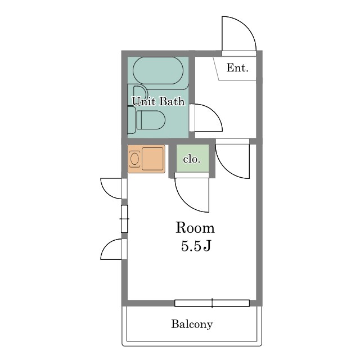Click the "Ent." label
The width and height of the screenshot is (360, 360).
[237, 67]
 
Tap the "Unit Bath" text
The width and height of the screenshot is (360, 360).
[158, 101]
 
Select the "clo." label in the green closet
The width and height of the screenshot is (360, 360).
[192, 159]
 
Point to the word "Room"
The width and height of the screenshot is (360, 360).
[195, 228]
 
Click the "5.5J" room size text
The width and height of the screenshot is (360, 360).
[196, 246]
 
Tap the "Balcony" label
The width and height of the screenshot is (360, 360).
[192, 324]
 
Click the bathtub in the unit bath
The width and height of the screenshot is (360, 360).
[158, 70]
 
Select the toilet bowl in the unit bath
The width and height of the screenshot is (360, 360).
[151, 120]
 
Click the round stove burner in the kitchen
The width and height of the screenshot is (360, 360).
[134, 159]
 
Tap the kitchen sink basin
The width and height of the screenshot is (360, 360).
[152, 159]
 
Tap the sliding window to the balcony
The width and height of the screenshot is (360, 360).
[212, 303]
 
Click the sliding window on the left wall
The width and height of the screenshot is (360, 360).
[124, 219]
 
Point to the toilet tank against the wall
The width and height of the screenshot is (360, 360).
[132, 120]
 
